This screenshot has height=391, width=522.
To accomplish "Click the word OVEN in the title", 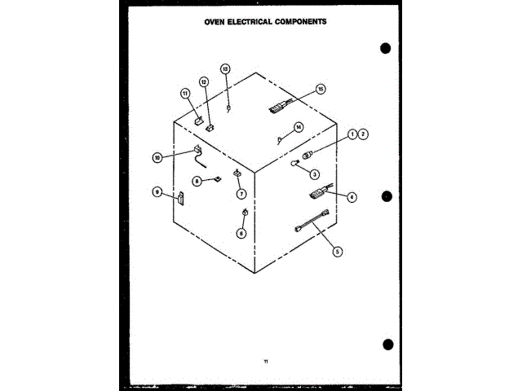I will click(x=216, y=22).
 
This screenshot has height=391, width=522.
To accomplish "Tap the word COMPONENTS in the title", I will click(x=299, y=22).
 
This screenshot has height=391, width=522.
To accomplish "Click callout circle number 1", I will click(x=352, y=134).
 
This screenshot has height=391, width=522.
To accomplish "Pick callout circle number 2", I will click(x=363, y=134).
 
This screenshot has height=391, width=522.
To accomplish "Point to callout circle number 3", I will click(x=313, y=173).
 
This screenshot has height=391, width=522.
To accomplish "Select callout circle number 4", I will click(x=352, y=196).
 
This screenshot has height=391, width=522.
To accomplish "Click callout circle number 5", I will click(x=338, y=252).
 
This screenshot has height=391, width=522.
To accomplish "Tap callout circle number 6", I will click(x=241, y=232).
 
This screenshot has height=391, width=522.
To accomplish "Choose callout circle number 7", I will click(x=241, y=194).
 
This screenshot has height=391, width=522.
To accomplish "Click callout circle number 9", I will click(x=157, y=192).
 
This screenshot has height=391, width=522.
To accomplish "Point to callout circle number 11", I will click(x=185, y=94).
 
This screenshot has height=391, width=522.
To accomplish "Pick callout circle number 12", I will click(x=204, y=82).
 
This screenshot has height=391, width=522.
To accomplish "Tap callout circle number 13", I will click(x=226, y=69).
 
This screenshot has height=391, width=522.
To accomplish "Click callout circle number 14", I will click(x=299, y=127).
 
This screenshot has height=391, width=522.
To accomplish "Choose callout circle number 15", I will click(x=321, y=88).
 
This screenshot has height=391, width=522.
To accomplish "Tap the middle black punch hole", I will click(x=387, y=196).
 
